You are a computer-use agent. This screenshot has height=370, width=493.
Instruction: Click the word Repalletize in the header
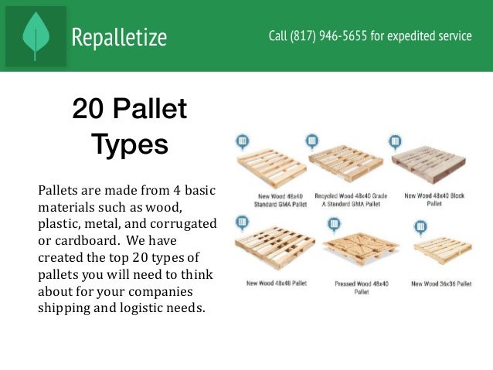click(x=119, y=36)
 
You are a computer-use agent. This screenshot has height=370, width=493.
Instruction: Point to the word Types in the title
click(x=129, y=144)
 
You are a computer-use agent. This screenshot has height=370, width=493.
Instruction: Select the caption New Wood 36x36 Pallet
click(x=440, y=283)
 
